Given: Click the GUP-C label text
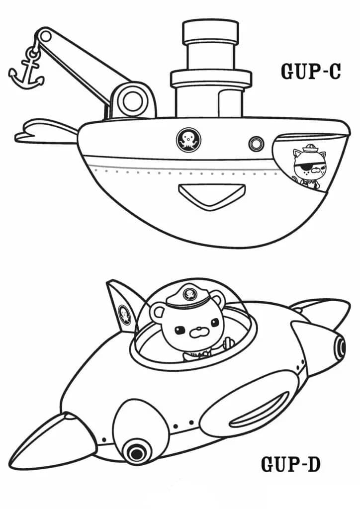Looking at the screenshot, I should pos(311,71).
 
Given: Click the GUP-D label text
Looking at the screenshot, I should pos(291,465).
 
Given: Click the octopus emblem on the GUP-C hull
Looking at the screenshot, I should pos(188,139).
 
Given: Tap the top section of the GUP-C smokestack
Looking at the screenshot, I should pos(210,32).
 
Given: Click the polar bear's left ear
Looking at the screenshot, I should pos(158,314).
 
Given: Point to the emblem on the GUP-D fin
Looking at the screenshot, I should pos(125,315).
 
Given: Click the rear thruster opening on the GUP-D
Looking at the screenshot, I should pos(340,346).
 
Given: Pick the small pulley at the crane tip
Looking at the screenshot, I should pos(45,36).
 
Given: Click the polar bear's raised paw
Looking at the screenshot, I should pos(229,343).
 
